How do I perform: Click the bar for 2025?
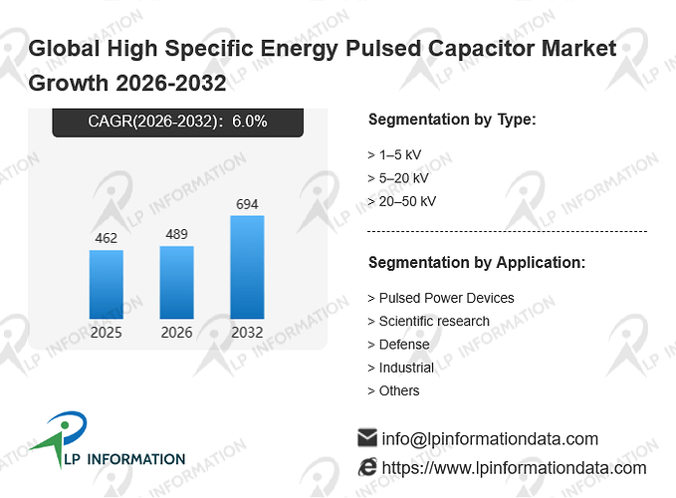(x=107, y=285)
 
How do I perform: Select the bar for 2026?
(x=177, y=283)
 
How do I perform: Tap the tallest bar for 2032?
(x=247, y=267)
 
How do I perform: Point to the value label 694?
(x=247, y=204)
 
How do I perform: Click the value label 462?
(x=107, y=238)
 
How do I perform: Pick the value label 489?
(x=177, y=234)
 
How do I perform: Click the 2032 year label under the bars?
(x=247, y=333)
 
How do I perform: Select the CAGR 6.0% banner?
(x=177, y=123)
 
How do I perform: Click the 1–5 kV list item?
(x=394, y=154)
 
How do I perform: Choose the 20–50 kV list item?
(x=402, y=201)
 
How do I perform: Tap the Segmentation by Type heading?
(x=452, y=120)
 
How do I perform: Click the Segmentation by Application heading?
(x=477, y=263)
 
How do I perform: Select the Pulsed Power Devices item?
(x=441, y=298)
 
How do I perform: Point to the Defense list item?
(x=399, y=345)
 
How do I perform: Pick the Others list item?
(x=393, y=390)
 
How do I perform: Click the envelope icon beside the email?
(x=367, y=437)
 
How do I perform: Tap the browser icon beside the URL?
(x=367, y=467)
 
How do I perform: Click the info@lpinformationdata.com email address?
(x=490, y=439)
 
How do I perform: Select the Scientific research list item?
(x=429, y=322)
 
